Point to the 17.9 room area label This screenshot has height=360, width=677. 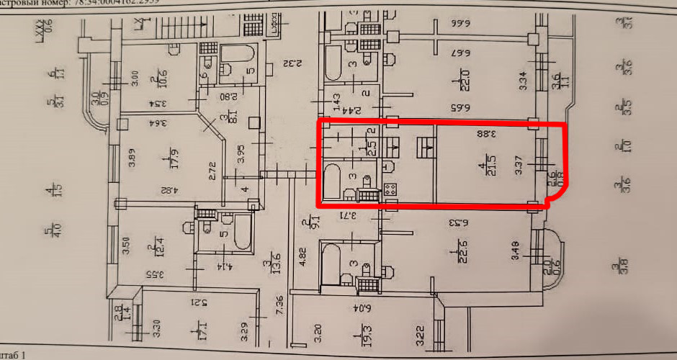[x=169, y=157]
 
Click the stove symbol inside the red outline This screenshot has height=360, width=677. [x=390, y=190]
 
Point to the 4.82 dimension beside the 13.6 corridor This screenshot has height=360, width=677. [x=302, y=257]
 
